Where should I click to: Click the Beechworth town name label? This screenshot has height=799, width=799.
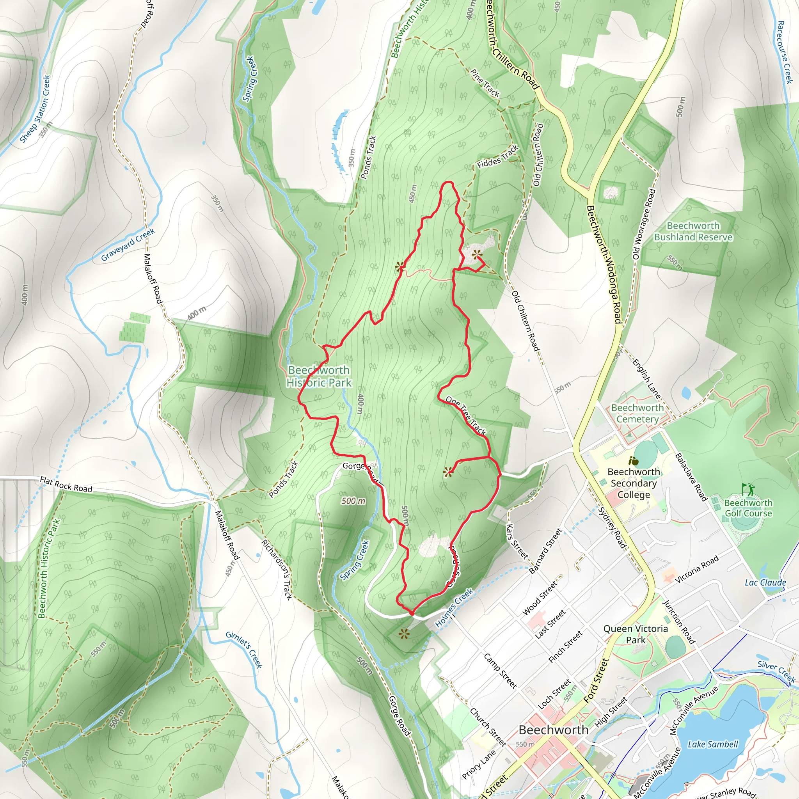[x=553, y=730]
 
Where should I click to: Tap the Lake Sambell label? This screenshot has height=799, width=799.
[x=712, y=744]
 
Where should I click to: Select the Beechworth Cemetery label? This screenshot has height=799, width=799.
[x=637, y=413]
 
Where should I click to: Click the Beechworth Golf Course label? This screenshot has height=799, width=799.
[x=748, y=508]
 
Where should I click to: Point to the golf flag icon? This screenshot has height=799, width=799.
[x=747, y=489]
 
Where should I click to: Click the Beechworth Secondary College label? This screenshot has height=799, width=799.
[x=634, y=483]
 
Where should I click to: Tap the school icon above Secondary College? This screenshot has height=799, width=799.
[x=633, y=461]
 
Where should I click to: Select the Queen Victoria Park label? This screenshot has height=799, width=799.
[x=635, y=634]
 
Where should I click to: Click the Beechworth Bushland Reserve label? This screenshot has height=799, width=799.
[x=693, y=232]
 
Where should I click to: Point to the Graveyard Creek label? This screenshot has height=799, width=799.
[x=128, y=245]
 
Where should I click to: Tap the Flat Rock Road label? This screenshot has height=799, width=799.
[x=66, y=484]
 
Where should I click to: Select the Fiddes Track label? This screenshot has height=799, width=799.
[x=497, y=157]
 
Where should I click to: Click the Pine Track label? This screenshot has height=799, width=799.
[x=485, y=83]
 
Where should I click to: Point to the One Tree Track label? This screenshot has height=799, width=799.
[x=466, y=415]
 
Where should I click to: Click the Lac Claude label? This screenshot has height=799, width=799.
[x=765, y=583]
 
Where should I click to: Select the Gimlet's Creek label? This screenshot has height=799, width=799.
[x=244, y=650]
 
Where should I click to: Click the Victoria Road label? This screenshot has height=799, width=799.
[x=697, y=570]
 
